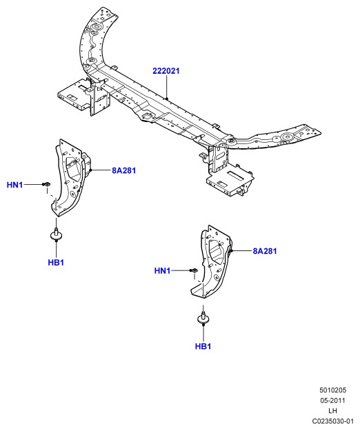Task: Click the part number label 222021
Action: (166, 71)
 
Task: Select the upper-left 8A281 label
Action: (124, 171)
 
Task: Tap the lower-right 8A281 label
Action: (265, 251)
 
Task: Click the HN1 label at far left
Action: (15, 185)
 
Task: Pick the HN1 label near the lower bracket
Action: (162, 271)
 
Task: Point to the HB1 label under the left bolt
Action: (56, 263)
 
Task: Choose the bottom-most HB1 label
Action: (203, 346)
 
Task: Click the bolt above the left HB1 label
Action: (57, 234)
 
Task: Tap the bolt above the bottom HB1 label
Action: (203, 318)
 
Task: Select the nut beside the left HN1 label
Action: (47, 184)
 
